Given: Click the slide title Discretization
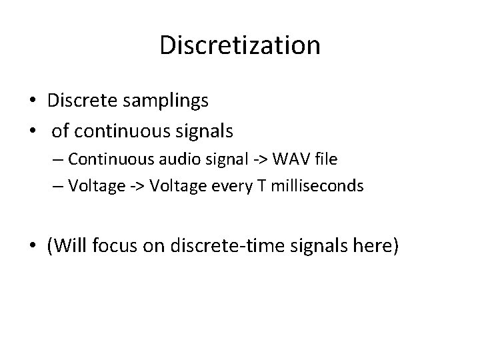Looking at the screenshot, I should (x=240, y=45).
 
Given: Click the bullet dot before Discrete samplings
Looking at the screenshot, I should (x=32, y=101).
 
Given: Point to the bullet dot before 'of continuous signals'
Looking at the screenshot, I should (x=32, y=132).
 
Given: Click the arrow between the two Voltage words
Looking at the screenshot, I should (x=135, y=186).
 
